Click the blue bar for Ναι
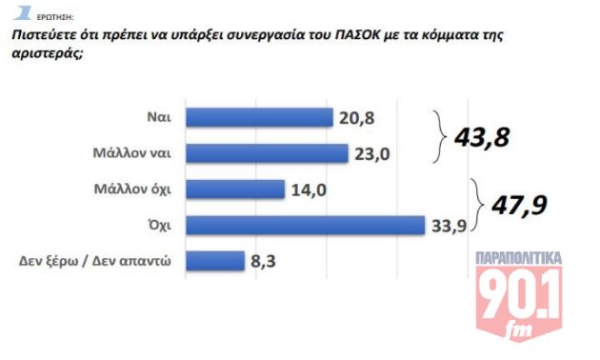click(258, 117)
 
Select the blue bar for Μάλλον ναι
click(267, 153)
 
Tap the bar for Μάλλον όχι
click(234, 189)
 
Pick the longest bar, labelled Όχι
click(304, 225)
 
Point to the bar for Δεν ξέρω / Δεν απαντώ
click(215, 260)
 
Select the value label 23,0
click(370, 153)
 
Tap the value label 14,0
click(309, 190)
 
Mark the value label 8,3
click(264, 260)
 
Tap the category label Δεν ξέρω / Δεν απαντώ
click(95, 260)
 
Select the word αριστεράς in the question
click(44, 54)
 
